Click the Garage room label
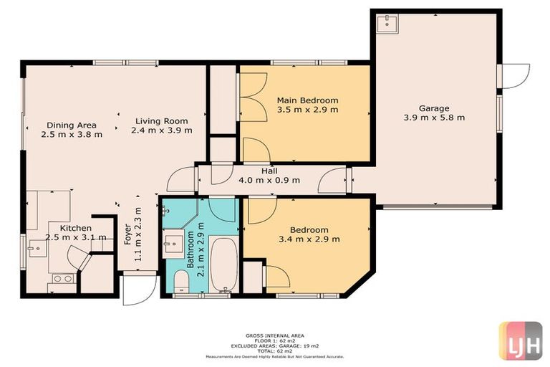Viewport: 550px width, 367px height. [433, 108]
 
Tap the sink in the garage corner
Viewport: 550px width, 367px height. [387, 24]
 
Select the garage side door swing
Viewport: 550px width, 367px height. [515, 75]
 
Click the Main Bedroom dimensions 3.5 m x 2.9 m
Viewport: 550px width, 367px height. [307, 110]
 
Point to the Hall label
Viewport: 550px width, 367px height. [269, 171]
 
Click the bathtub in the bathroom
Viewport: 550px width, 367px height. [223, 264]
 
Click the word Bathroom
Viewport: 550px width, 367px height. [190, 249]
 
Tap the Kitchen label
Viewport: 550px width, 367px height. [75, 228]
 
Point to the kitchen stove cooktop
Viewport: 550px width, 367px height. [61, 278]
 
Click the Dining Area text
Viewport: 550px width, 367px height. [71, 123]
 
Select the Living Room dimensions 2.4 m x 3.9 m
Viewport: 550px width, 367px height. [162, 130]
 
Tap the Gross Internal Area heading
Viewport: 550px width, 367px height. [275, 335]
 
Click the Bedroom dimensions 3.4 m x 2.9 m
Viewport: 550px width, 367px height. [308, 239]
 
